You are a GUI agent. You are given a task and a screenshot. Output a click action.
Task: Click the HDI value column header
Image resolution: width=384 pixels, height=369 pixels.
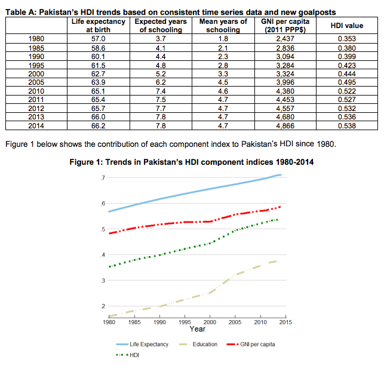[x=346, y=26]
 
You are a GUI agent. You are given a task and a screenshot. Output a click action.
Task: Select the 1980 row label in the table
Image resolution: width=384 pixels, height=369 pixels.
[x=36, y=38]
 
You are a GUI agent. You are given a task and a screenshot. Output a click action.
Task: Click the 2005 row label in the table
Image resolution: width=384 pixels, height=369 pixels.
[x=36, y=82]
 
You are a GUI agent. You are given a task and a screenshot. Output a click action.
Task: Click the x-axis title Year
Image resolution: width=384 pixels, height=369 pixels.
[x=198, y=329]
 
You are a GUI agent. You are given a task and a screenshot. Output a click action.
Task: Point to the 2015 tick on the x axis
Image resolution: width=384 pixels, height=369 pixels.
[x=286, y=322]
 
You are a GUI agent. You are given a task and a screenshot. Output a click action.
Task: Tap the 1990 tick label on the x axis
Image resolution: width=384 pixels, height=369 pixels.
[x=159, y=322]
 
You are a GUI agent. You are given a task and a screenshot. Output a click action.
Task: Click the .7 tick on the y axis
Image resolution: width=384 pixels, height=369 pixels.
[x=103, y=179]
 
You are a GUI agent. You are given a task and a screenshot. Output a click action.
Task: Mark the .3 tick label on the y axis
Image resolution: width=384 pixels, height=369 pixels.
[x=103, y=281]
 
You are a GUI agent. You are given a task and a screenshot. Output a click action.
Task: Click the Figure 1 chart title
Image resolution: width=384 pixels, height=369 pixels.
[x=192, y=161]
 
